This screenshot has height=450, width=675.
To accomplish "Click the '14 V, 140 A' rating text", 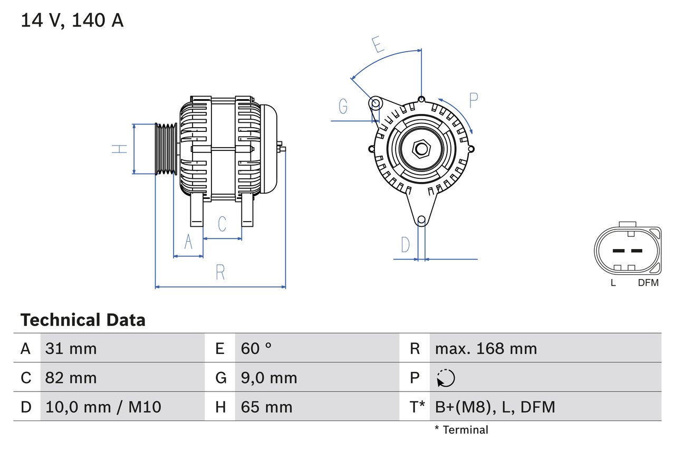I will click(72, 20).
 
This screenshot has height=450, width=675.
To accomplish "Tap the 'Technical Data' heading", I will click(83, 320).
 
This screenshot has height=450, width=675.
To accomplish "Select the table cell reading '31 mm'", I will click(71, 348).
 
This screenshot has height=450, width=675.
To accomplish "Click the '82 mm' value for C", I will click(71, 378).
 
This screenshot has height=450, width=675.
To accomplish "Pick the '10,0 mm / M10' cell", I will click(103, 407).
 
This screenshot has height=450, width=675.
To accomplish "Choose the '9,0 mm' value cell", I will click(269, 378).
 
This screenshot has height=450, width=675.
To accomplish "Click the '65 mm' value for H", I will click(266, 407).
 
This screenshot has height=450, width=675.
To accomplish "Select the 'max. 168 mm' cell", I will click(486, 348).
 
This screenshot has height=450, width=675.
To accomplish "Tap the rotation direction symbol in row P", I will click(446, 378).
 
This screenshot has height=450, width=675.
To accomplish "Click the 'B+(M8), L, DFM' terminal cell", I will click(495, 407).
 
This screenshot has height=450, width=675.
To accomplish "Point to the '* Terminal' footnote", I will click(461, 430).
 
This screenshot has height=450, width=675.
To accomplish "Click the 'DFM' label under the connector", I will click(648, 283).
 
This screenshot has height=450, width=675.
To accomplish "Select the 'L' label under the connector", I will click(613, 283).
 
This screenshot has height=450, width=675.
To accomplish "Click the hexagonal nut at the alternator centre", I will click(421, 149).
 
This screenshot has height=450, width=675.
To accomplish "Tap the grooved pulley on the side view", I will click(166, 149).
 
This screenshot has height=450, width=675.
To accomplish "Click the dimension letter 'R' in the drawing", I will click(220, 272).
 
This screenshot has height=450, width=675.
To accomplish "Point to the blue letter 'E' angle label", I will click(377, 45).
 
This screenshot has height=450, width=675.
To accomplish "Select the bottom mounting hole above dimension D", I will click(421, 220).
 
